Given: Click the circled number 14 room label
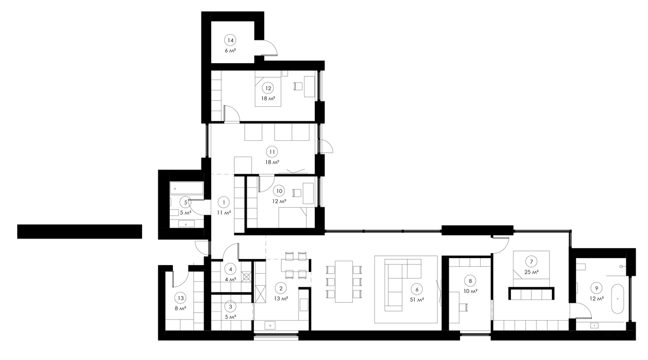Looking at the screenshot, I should [x=231, y=40].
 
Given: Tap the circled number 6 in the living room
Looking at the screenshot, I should [x=417, y=289].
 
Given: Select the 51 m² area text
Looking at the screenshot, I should [x=417, y=299].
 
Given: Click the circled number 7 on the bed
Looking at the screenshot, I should [x=532, y=262].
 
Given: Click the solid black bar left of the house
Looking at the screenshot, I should [x=79, y=231].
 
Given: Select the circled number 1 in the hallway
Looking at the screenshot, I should [x=223, y=202].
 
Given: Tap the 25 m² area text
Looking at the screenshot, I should [x=532, y=272].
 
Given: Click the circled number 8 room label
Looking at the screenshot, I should [x=470, y=281].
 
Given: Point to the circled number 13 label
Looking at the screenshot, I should [x=180, y=298].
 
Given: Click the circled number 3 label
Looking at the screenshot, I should [x=231, y=306].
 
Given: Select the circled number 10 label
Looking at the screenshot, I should [x=279, y=191].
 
